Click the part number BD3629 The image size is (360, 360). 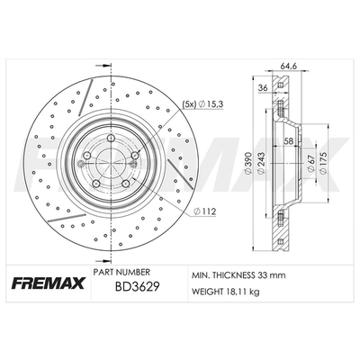point(137,287)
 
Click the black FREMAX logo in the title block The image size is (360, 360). point(48,283)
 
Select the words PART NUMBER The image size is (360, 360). point(121,272)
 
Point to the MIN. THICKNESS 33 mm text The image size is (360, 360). point(238,275)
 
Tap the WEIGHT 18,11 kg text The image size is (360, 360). point(225,291)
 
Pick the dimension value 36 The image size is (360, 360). point(263,88)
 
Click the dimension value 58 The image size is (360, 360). point(289,140)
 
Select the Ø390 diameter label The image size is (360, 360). point(247,163)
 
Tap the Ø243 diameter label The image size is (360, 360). point(261,163)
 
